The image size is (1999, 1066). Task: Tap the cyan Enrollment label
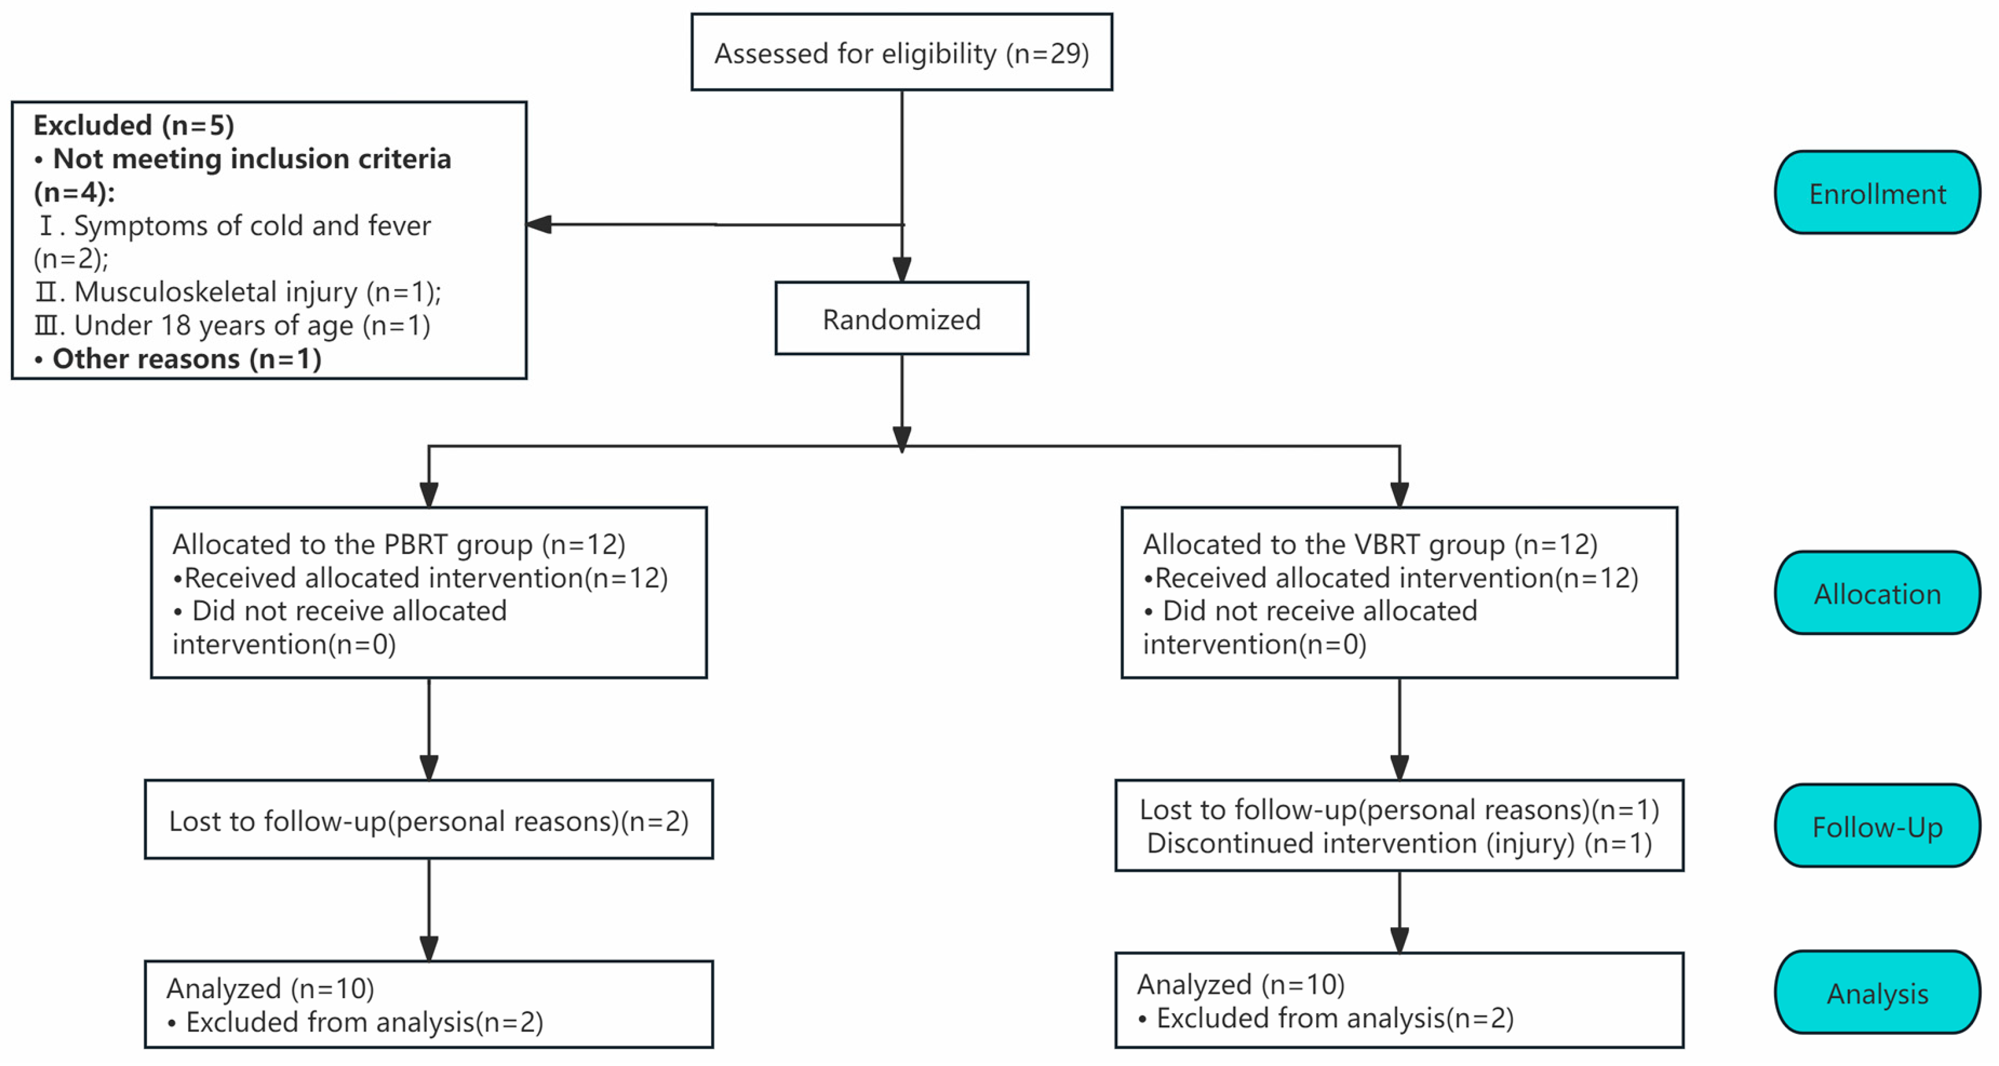tap(1876, 193)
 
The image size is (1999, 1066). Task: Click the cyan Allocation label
tap(1876, 594)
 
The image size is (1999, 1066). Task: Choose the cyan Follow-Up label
tap(1876, 827)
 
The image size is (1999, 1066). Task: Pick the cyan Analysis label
tap(1876, 994)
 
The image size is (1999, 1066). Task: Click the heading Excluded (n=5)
tap(133, 125)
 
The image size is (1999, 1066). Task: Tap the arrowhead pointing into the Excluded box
tap(539, 224)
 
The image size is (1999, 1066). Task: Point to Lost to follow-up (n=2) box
tap(428, 821)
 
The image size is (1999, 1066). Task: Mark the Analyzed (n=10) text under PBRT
tap(270, 988)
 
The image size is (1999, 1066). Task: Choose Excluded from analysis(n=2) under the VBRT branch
tap(1335, 1018)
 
